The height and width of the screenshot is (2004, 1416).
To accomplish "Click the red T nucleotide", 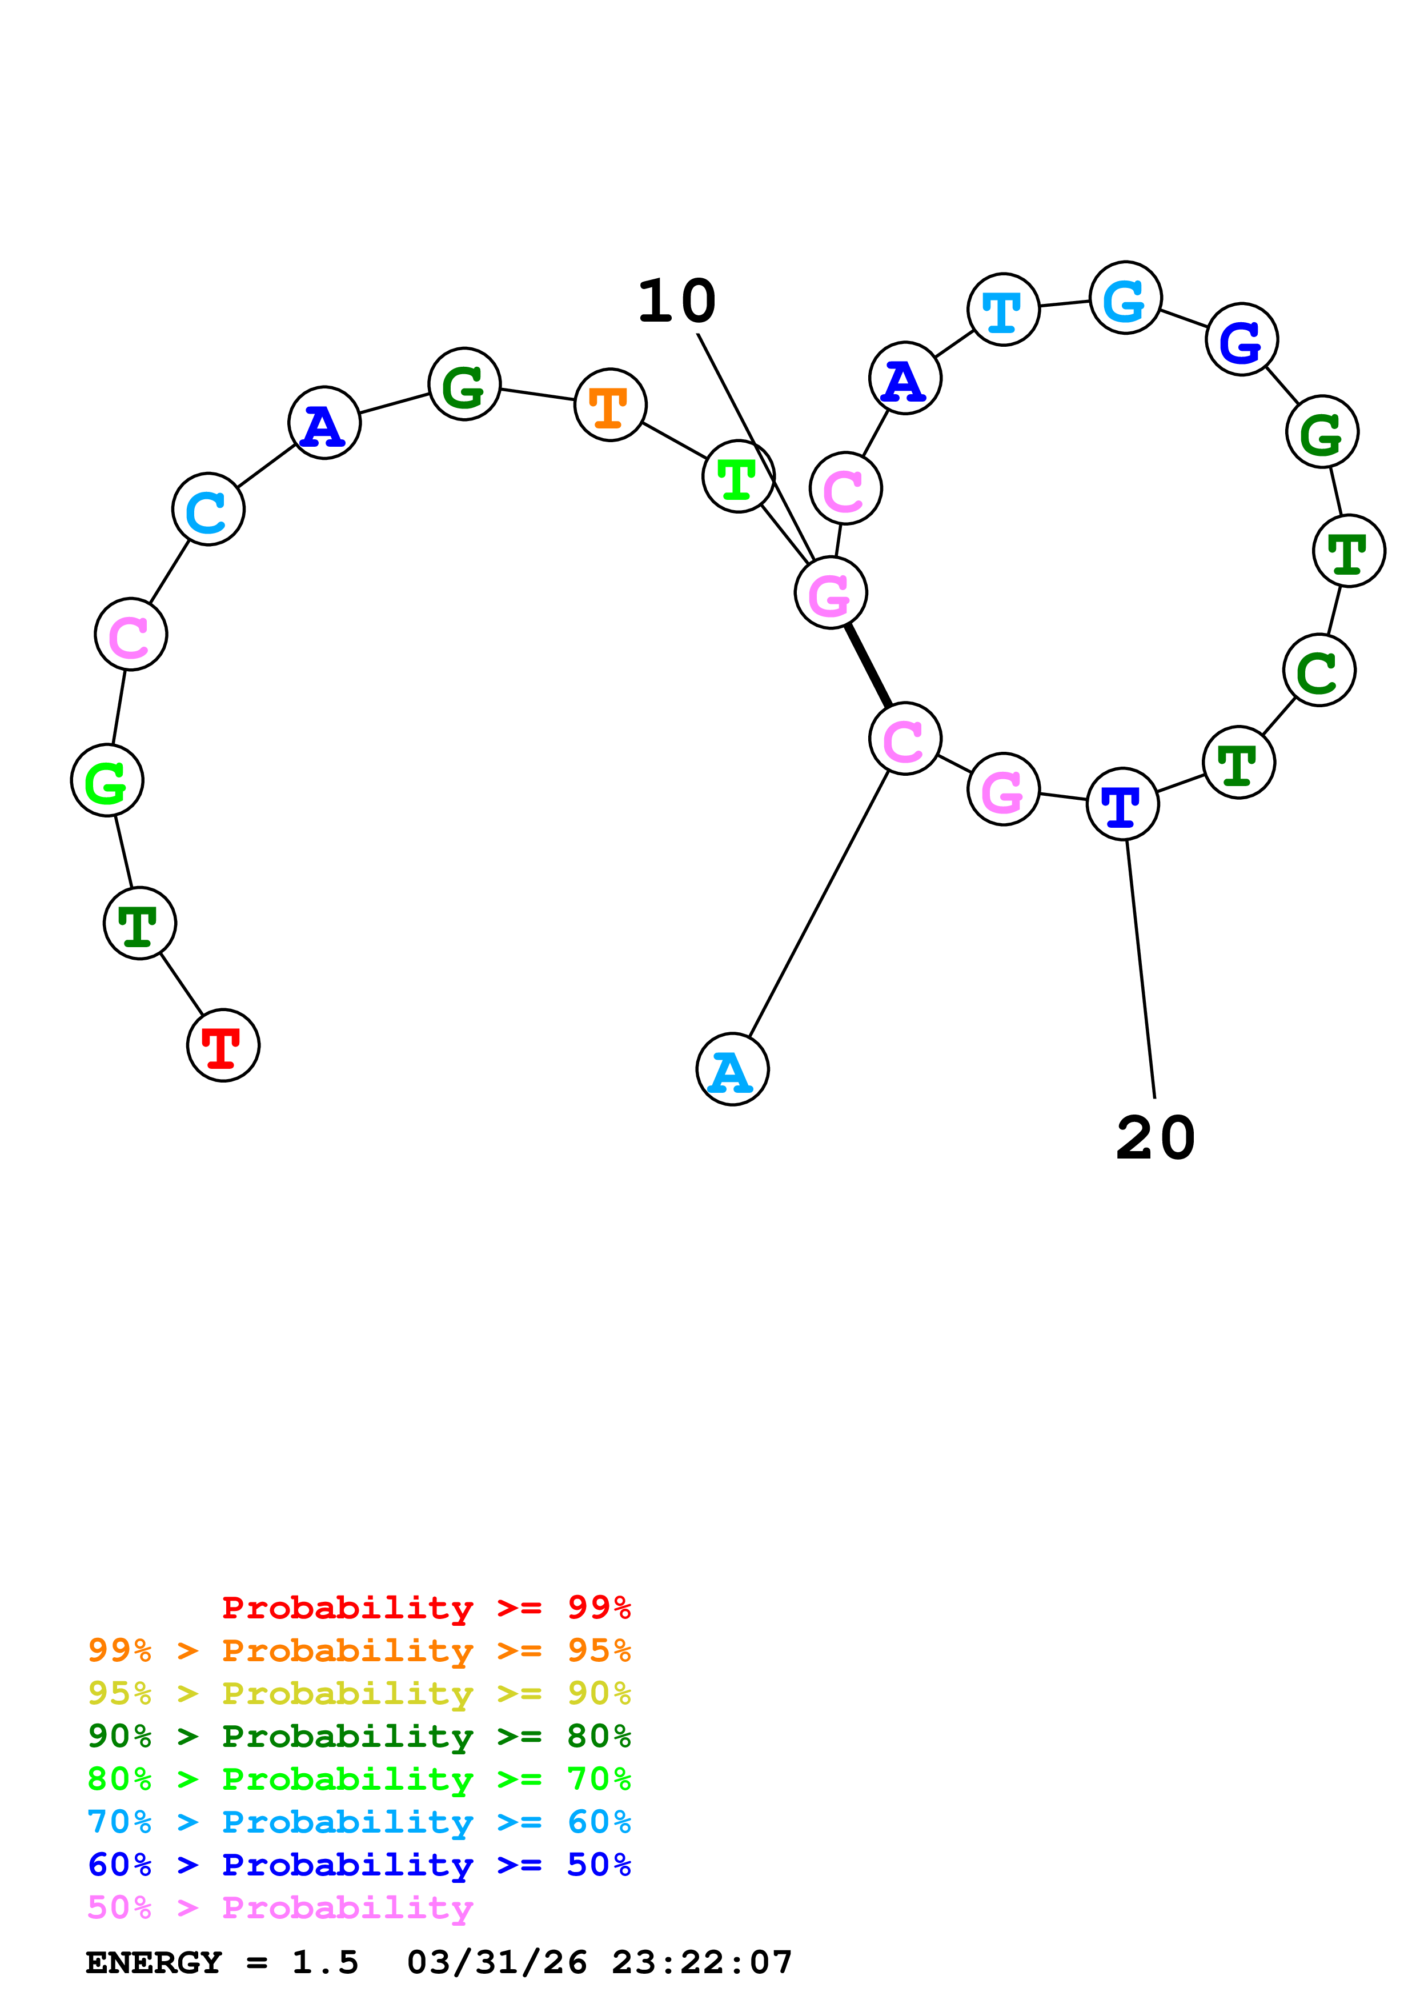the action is click(223, 1045).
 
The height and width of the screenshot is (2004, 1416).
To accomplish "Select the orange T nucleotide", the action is click(610, 405).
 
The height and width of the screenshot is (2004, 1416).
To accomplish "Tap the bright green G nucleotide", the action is click(106, 780).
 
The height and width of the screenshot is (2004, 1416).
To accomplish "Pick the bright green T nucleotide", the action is click(738, 476).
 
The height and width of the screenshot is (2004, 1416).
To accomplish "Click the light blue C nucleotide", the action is click(208, 509).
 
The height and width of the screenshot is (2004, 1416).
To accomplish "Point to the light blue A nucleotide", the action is click(732, 1069).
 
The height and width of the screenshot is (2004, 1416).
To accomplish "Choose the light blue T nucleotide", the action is click(1004, 310).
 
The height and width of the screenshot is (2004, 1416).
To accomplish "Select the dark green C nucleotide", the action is click(1318, 670).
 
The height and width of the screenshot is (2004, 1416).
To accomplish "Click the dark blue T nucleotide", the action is click(1122, 804).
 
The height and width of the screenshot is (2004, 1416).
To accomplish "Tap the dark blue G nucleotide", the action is click(1242, 339).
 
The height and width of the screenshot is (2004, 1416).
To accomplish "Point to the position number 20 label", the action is click(1155, 1138).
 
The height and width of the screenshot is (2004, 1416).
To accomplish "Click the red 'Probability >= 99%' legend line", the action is click(426, 1608).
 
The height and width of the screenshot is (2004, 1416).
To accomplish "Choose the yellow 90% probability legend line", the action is click(359, 1693).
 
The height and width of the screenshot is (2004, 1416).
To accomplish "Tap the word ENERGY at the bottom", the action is click(154, 1963).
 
